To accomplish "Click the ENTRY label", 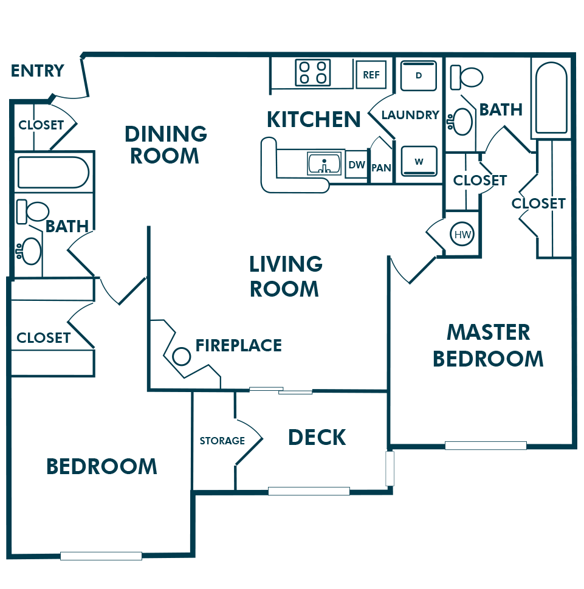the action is (38, 71).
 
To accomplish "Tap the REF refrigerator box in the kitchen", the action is (371, 74).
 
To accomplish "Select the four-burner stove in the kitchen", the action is (312, 72).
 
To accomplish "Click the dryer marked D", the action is (418, 75).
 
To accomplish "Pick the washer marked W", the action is (419, 161).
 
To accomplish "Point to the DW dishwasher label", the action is (356, 165).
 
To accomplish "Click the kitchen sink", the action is (325, 163).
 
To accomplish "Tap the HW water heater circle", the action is (462, 235).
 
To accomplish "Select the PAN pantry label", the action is (381, 168).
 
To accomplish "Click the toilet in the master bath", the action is (467, 77).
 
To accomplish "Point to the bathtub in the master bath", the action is (551, 98).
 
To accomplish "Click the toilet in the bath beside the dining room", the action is (33, 211).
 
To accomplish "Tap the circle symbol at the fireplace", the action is (181, 356).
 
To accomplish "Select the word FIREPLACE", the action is (238, 345).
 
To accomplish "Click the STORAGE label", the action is (222, 441).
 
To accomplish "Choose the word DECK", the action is (317, 437).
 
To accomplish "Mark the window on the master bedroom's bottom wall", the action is (485, 446).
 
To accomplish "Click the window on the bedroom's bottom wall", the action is (101, 556).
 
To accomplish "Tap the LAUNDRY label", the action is (410, 115).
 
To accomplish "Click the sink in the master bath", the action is (461, 122).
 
